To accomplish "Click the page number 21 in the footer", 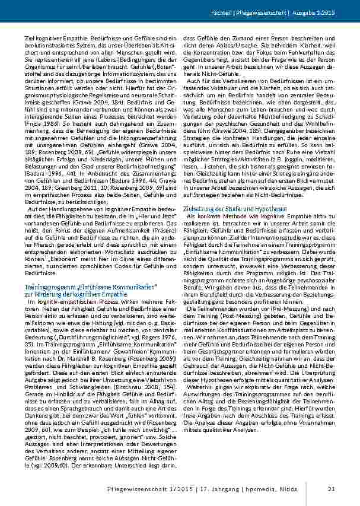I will pos(331,488).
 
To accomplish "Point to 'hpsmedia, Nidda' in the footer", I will pos(292,488).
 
